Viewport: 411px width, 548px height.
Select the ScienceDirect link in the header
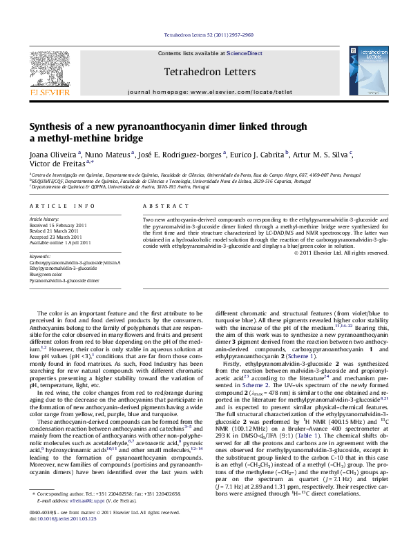pyautogui.click(x=245, y=53)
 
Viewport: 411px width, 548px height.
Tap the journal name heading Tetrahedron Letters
pyautogui.click(x=205, y=71)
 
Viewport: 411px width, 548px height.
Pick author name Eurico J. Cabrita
pyautogui.click(x=259, y=155)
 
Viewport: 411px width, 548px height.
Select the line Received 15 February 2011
pyautogui.click(x=58, y=225)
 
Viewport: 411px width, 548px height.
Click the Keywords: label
pyautogui.click(x=40, y=256)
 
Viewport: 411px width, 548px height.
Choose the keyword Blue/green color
pyautogui.click(x=46, y=275)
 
